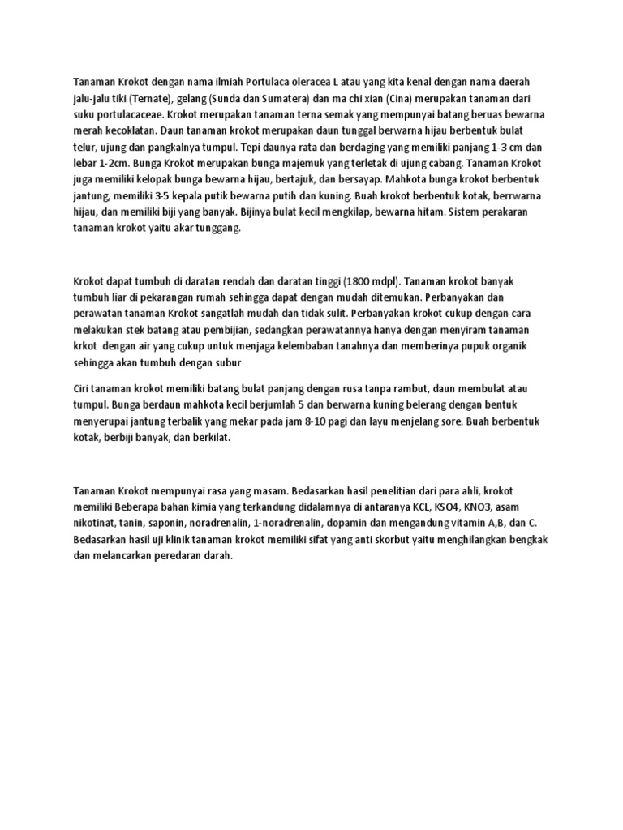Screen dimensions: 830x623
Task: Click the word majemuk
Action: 282,164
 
